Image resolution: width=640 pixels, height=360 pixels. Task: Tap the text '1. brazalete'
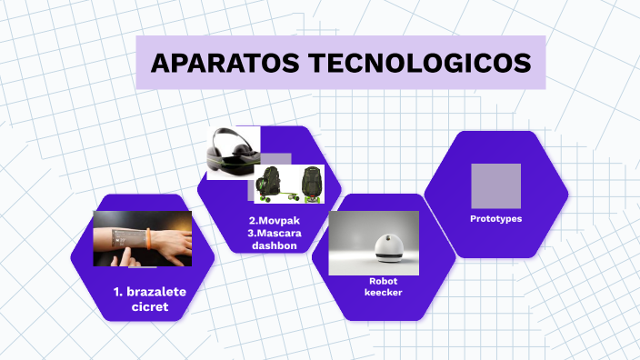click(149, 293)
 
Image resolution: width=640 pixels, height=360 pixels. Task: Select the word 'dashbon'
click(275, 245)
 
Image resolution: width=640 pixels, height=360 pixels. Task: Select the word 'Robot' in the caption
click(383, 281)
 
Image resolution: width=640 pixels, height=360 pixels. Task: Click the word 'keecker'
click(383, 293)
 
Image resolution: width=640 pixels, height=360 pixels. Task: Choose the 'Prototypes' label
click(495, 219)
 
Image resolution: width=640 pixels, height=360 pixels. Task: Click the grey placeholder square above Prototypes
click(495, 185)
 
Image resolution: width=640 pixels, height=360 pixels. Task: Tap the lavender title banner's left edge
click(140, 63)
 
